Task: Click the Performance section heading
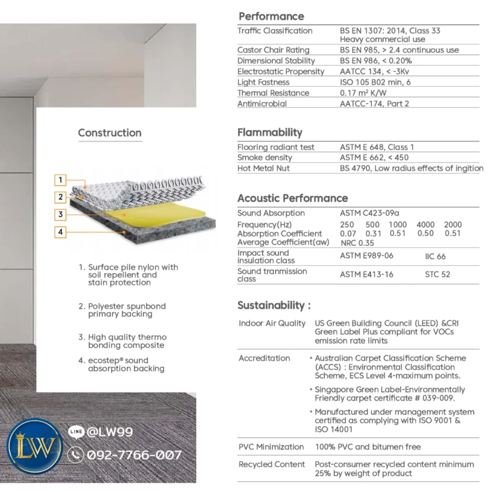click(x=271, y=16)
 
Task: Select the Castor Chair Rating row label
click(x=273, y=50)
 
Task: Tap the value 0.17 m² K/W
click(x=363, y=93)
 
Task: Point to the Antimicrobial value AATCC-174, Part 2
click(x=374, y=103)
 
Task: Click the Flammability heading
click(x=270, y=133)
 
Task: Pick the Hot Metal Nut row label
click(x=263, y=168)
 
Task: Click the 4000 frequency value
click(x=425, y=224)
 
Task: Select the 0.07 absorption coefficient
click(x=348, y=234)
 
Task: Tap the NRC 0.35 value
click(x=357, y=243)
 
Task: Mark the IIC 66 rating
click(x=435, y=257)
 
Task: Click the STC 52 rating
click(x=437, y=274)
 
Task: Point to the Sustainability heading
click(x=274, y=306)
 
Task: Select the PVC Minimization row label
click(x=271, y=447)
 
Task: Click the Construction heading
click(x=110, y=133)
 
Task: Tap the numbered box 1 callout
click(x=61, y=180)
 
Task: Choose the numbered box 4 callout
click(x=61, y=232)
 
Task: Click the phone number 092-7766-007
click(x=134, y=455)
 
